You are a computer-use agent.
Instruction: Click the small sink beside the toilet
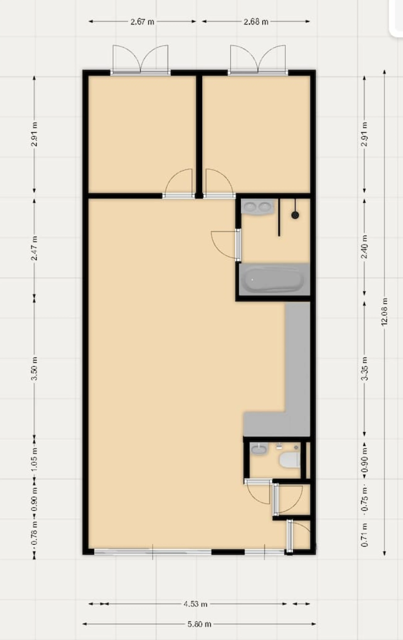[x=259, y=449]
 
